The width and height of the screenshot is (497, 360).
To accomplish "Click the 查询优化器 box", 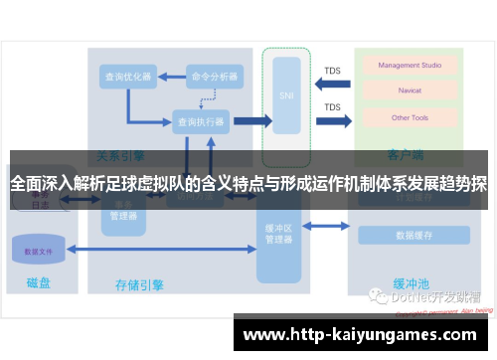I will click(127, 77).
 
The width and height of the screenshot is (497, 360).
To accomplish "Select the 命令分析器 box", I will click(214, 77).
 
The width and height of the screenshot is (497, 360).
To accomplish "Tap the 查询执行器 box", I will click(200, 122).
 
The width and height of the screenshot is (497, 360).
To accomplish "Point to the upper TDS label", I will click(332, 71).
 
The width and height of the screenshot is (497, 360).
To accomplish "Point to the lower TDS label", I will click(332, 107).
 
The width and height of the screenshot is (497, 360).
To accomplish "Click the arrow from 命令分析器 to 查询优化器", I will click(170, 77).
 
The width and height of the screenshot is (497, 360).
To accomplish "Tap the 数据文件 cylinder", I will click(40, 252).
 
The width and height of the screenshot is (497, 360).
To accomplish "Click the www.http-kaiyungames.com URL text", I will click(363, 334).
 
